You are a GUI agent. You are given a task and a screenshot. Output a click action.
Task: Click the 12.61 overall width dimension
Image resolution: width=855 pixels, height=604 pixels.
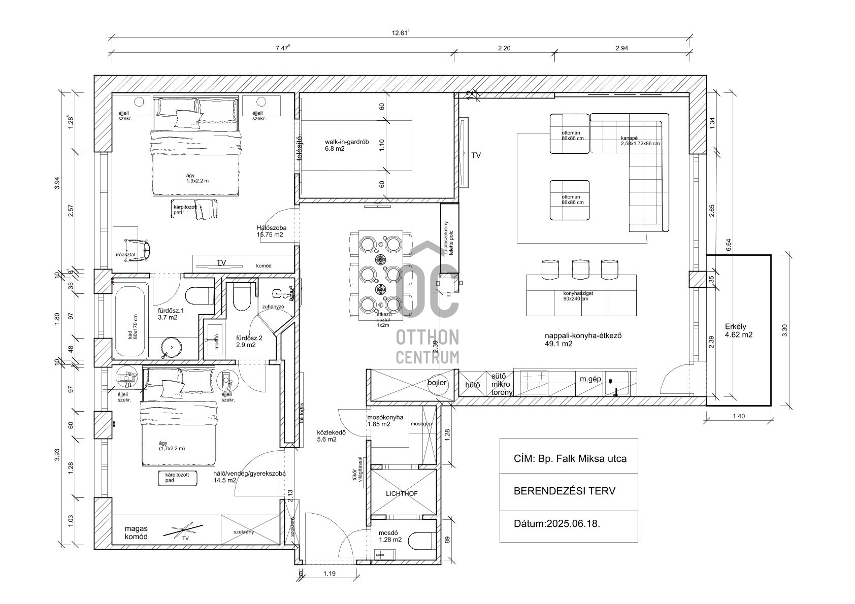tap(400, 33)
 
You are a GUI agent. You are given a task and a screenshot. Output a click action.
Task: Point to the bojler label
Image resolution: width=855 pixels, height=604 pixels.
tap(437, 383)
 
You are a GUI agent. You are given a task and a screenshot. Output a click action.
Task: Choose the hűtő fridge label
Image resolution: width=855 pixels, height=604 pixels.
tap(473, 385)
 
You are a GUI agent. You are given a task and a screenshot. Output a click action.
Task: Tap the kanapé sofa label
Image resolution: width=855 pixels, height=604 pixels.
tap(640, 141)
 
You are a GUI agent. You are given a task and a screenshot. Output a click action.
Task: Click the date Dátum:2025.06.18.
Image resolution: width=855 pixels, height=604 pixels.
tap(557, 524)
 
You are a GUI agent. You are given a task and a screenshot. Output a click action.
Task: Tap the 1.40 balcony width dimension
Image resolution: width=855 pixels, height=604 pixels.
tap(739, 416)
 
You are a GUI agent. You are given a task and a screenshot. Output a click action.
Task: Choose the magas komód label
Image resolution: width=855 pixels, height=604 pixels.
tap(136, 532)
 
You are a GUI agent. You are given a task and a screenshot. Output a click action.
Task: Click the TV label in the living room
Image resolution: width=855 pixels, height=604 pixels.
tap(476, 156)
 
